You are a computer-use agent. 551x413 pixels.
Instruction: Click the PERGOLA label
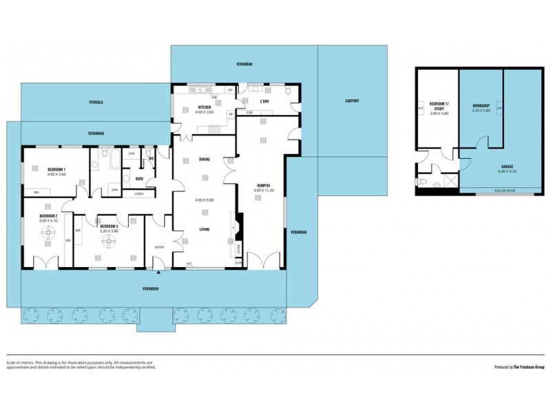coord(96,103)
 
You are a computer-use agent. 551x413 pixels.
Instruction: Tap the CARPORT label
coord(352,101)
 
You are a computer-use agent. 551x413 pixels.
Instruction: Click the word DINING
coord(205,160)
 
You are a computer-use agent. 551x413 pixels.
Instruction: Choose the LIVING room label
coord(205,230)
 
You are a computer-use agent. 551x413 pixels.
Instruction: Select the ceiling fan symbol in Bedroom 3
coord(109,244)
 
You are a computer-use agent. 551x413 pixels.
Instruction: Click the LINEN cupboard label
coord(139,194)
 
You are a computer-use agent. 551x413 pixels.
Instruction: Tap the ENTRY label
coord(159,247)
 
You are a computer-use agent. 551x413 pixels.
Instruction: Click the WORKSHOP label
coord(480,105)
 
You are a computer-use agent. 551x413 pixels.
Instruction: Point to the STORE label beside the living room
coord(239,248)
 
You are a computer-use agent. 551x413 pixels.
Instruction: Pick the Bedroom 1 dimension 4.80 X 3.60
coord(57,174)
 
